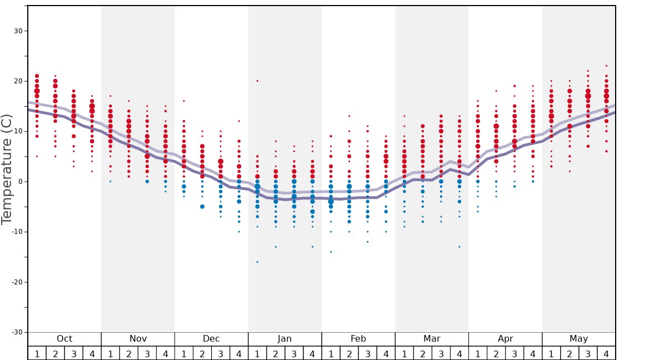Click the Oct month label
pos(64,339)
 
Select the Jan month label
pos(284,339)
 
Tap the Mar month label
pos(432,339)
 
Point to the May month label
pos(578,339)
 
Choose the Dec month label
pos(211,339)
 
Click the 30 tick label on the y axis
pos(17,31)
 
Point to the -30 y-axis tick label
pos(16,332)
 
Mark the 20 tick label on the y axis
pos(17,81)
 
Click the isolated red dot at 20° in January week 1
pos(257,81)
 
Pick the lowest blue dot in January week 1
pos(257,262)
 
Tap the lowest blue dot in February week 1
pos(331,252)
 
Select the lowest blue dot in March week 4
pos(460,247)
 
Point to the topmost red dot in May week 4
pos(606,66)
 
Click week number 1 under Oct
pos(37,354)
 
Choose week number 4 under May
pos(606,354)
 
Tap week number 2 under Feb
pos(349,354)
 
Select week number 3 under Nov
pos(147,354)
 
